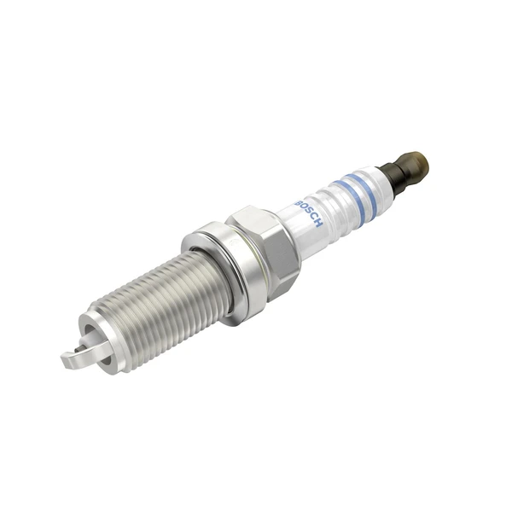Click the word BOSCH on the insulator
[307, 209]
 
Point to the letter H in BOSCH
[317, 224]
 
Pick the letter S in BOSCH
[306, 209]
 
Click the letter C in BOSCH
[311, 217]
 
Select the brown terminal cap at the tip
[417, 160]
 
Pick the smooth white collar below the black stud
[381, 179]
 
